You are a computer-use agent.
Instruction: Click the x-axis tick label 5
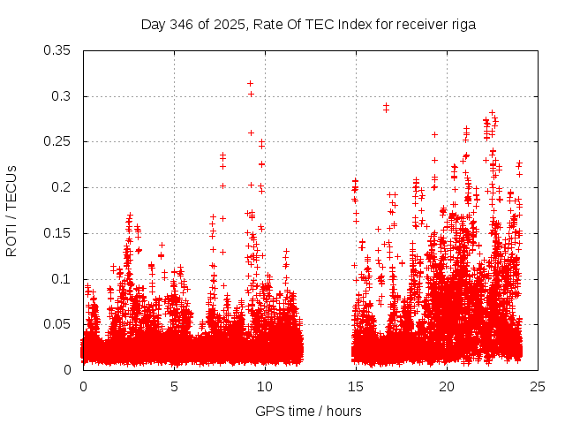pos(174,386)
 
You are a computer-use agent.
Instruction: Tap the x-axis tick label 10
pos(265,386)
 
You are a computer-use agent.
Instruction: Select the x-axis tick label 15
pos(356,386)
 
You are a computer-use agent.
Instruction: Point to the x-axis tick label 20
pos(447,386)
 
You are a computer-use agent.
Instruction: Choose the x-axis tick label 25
pos(538,386)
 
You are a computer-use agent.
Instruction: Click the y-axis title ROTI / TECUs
pos(12,210)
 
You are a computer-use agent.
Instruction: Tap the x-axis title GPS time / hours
pos(309,411)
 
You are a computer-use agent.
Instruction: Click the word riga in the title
pos(462,25)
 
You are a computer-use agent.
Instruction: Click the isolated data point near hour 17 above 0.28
pos(386,107)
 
